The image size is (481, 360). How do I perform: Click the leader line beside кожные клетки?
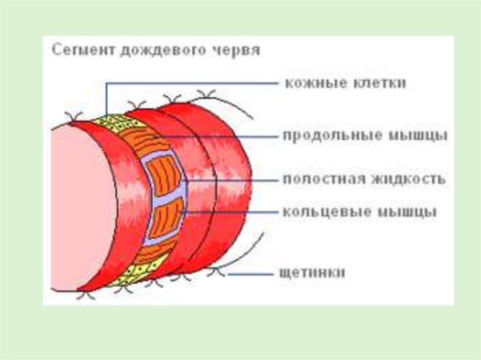click(x=188, y=84)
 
